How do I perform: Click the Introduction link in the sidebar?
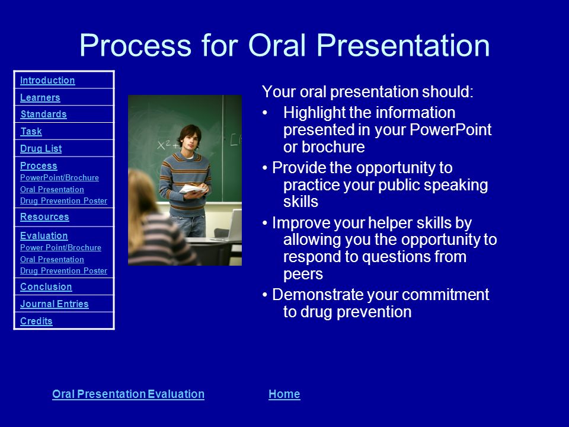pyautogui.click(x=47, y=80)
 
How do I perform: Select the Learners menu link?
pyautogui.click(x=40, y=97)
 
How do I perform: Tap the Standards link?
pyautogui.click(x=43, y=114)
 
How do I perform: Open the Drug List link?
pyautogui.click(x=41, y=148)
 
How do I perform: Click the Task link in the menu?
pyautogui.click(x=31, y=131)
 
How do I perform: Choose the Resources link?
pyautogui.click(x=44, y=216)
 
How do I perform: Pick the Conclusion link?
pyautogui.click(x=46, y=286)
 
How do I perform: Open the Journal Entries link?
pyautogui.click(x=55, y=304)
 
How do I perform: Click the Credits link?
pyautogui.click(x=36, y=321)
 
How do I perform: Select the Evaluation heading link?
pyautogui.click(x=44, y=235)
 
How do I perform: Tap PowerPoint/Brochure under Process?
pyautogui.click(x=59, y=177)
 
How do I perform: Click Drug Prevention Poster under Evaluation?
pyautogui.click(x=63, y=270)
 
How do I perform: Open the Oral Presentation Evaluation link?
pyautogui.click(x=128, y=394)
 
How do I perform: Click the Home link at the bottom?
pyautogui.click(x=284, y=394)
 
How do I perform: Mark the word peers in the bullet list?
pyautogui.click(x=303, y=275)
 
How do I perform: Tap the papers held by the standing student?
pyautogui.click(x=193, y=189)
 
